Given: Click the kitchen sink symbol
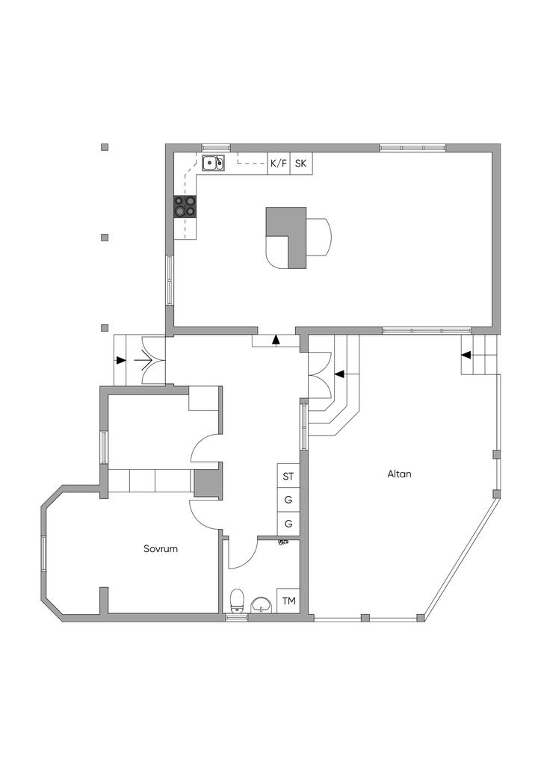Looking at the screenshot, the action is tap(213, 163).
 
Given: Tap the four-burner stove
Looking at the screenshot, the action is tap(185, 206).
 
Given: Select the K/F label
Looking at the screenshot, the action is tap(279, 164).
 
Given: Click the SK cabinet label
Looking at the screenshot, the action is tap(301, 164).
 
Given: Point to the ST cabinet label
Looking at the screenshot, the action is tap(288, 476).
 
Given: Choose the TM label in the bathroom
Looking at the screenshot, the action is tap(288, 601).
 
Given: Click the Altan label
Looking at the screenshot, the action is tap(400, 474).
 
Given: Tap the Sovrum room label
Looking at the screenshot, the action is tap(161, 549).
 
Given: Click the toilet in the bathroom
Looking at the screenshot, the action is tap(237, 601).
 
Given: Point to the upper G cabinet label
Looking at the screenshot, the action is tap(288, 500).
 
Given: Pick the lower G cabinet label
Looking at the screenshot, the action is tap(288, 524).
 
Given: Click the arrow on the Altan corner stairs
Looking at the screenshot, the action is tap(466, 355).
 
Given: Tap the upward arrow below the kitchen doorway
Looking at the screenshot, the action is tap(276, 340).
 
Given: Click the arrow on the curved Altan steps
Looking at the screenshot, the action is tap(340, 374).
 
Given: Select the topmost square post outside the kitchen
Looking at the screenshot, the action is tap(105, 147).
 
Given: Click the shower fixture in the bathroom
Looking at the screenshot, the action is tap(283, 542).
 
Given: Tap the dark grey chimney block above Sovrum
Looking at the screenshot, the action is tap(205, 483).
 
